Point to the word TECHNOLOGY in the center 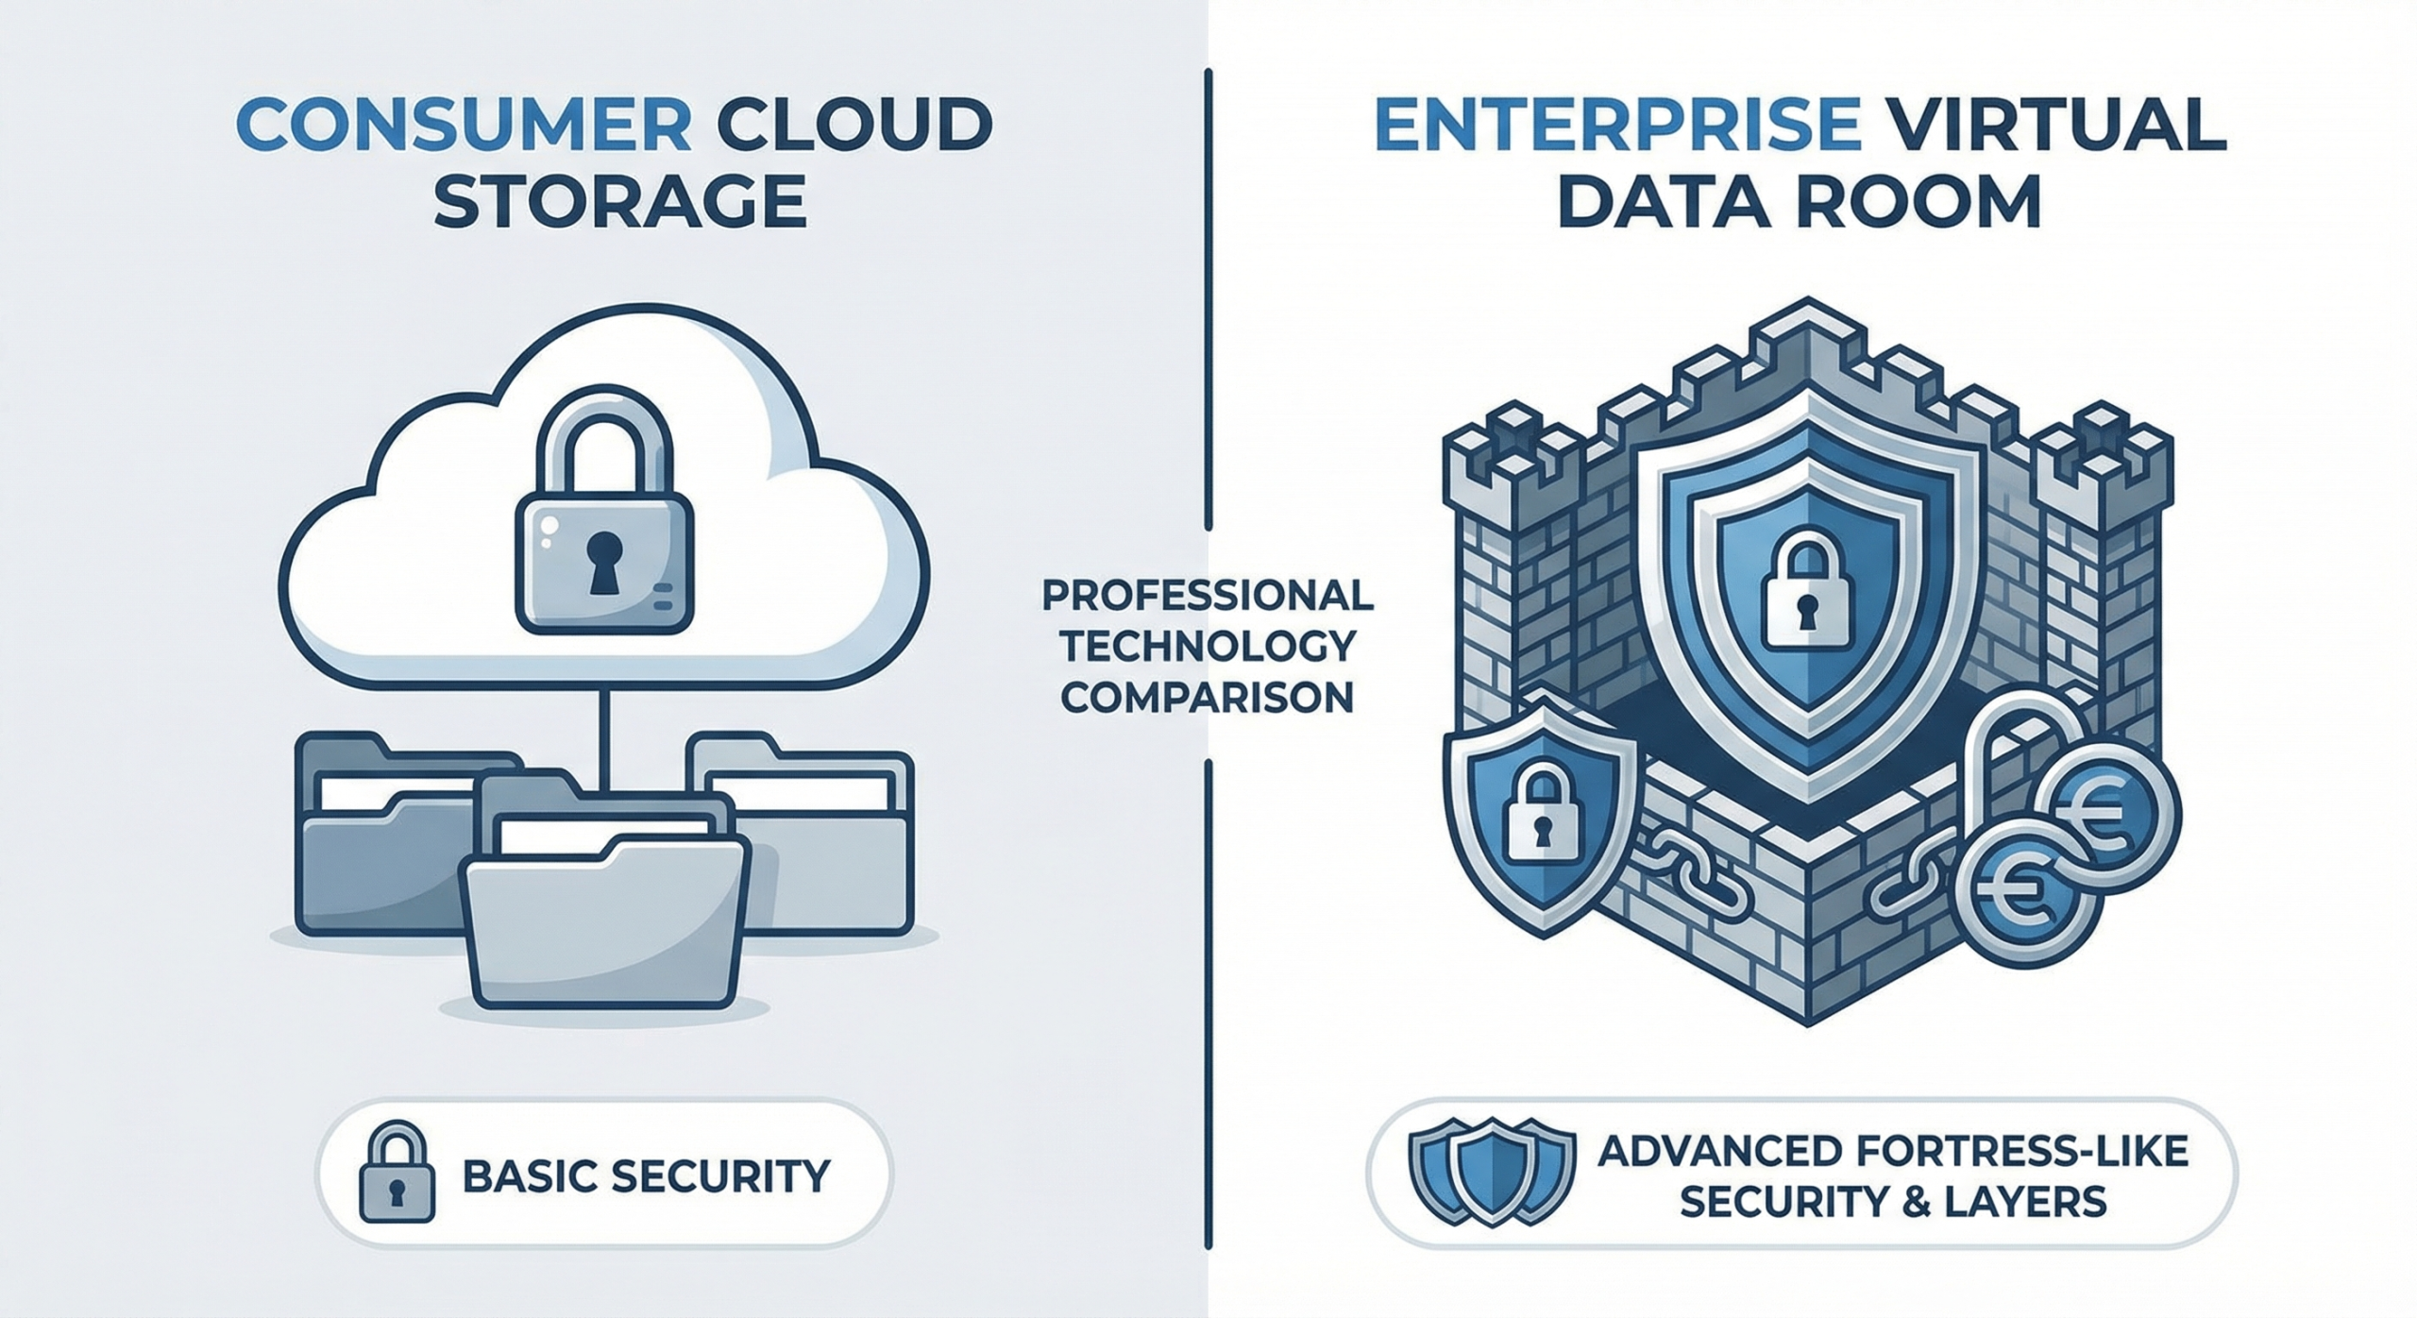tap(1208, 647)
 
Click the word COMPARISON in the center tap(1208, 697)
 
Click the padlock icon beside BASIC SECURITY tap(397, 1174)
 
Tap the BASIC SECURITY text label tap(647, 1175)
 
